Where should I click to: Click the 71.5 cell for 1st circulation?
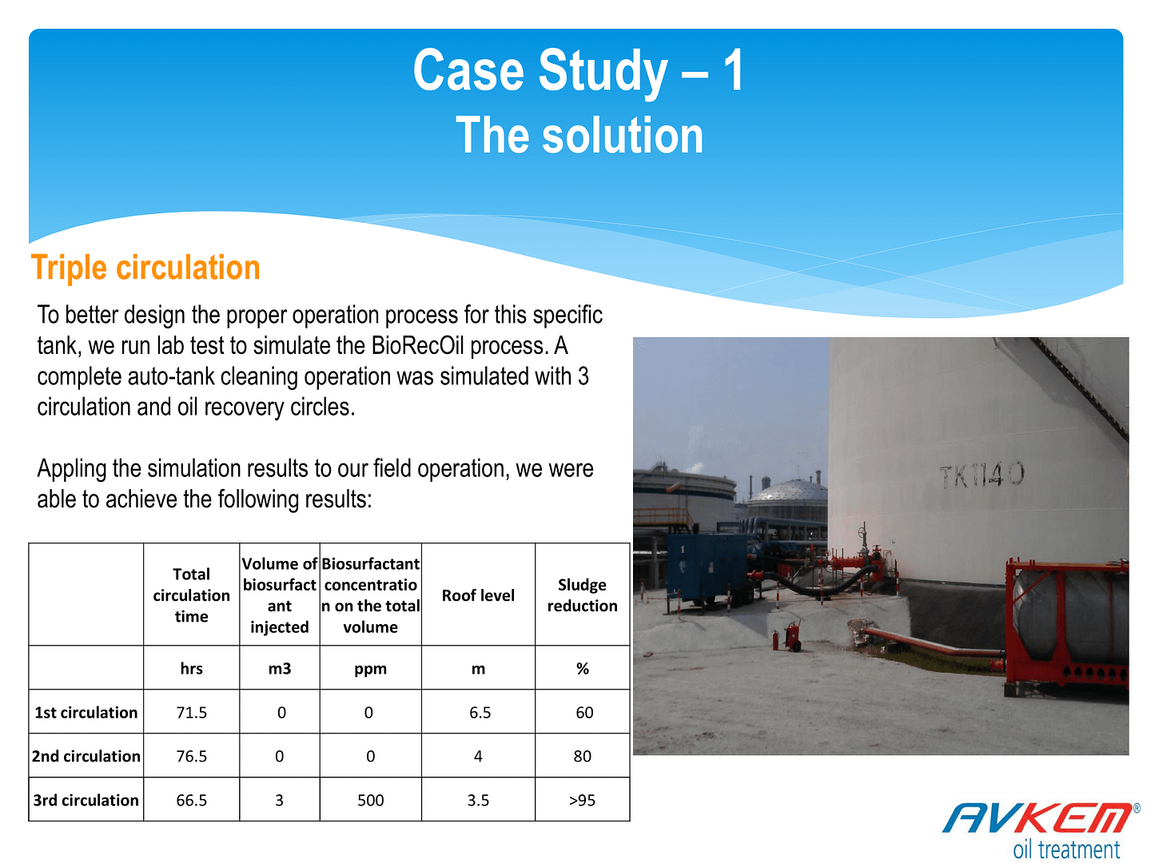pyautogui.click(x=191, y=712)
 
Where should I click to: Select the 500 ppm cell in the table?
pyautogui.click(x=370, y=800)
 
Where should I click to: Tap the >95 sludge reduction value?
pyautogui.click(x=582, y=800)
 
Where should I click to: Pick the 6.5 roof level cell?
pyautogui.click(x=480, y=712)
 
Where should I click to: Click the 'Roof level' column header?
pyautogui.click(x=478, y=595)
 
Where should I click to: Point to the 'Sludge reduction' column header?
pyautogui.click(x=582, y=595)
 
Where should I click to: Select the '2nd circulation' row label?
pyautogui.click(x=86, y=756)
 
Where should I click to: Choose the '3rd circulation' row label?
pyautogui.click(x=86, y=800)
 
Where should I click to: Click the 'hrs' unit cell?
pyautogui.click(x=191, y=668)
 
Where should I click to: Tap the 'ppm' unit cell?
pyautogui.click(x=370, y=669)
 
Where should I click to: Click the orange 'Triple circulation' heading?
pyautogui.click(x=145, y=267)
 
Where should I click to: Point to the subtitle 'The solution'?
pyautogui.click(x=579, y=135)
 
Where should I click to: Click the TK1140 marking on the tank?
pyautogui.click(x=981, y=474)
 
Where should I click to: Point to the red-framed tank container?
pyautogui.click(x=1066, y=629)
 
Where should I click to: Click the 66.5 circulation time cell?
pyautogui.click(x=191, y=800)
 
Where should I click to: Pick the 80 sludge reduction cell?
pyautogui.click(x=582, y=756)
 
